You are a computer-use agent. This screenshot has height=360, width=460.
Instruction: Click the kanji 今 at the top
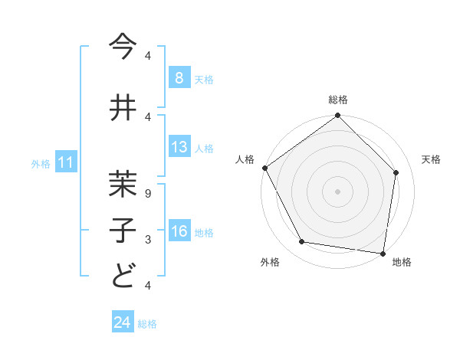(x=123, y=47)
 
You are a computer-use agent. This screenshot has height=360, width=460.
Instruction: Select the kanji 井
(x=123, y=107)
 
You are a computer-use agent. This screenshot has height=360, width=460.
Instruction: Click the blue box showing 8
(x=179, y=77)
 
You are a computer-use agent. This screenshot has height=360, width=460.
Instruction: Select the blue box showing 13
(x=179, y=147)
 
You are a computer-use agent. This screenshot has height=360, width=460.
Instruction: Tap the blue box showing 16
(x=179, y=232)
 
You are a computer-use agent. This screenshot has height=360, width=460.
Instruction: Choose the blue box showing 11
(x=66, y=162)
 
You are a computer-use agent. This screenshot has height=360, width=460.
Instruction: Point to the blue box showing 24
(x=123, y=322)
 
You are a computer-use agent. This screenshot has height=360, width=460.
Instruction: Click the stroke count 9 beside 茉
(x=148, y=193)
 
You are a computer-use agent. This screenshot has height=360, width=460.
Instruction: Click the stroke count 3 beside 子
(x=148, y=239)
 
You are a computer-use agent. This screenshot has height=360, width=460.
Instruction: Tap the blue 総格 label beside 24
(x=147, y=324)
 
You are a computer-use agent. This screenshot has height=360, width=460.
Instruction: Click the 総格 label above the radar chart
(x=338, y=100)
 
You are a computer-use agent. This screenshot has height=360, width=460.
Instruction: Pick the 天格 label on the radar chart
(x=432, y=159)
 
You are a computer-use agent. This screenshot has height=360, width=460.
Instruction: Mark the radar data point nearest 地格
(x=383, y=253)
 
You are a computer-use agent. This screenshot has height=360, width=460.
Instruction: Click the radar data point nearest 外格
(x=302, y=242)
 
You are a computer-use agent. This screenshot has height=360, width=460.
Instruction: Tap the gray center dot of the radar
(x=338, y=191)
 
